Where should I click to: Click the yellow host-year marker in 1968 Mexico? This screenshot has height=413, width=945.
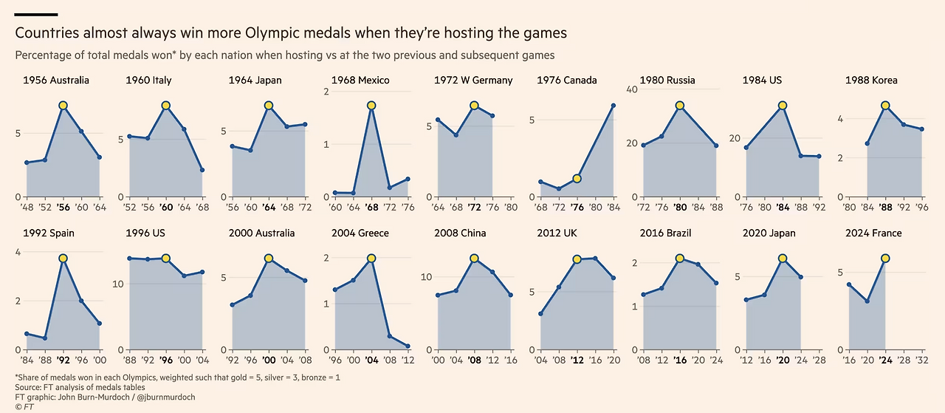[372, 106]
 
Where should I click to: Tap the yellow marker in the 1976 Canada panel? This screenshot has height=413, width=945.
[577, 178]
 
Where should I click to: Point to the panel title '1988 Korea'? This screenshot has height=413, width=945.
[871, 80]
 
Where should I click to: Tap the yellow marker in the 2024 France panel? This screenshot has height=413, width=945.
[884, 258]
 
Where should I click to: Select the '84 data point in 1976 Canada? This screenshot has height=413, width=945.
[613, 106]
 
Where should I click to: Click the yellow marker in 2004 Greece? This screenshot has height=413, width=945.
[371, 259]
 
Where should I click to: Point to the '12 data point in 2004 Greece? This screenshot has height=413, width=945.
[408, 346]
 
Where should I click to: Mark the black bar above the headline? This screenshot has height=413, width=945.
[36, 15]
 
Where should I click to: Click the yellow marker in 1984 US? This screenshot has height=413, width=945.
[782, 106]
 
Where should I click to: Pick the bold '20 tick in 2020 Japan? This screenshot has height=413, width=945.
[782, 361]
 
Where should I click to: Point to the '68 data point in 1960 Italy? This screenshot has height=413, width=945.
[202, 170]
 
